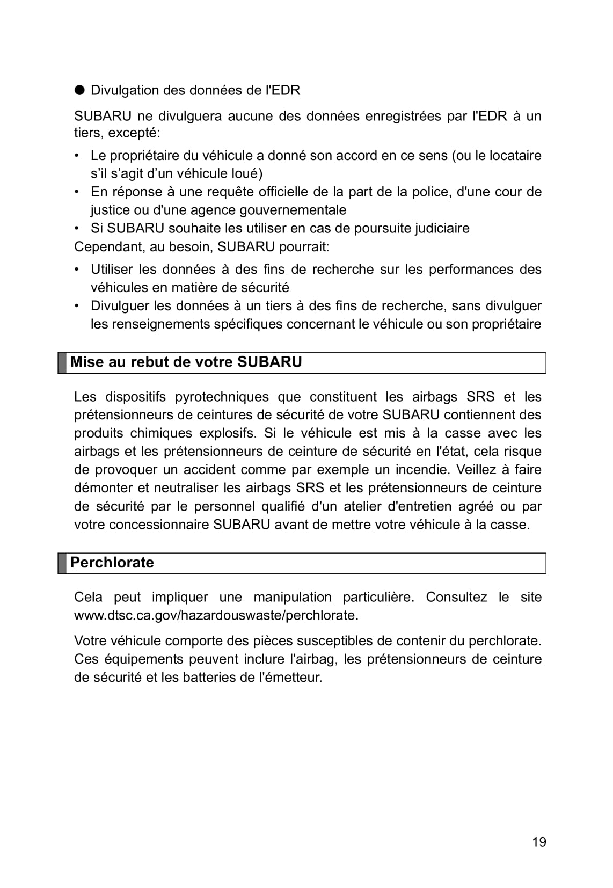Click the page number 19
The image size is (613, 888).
coord(539,842)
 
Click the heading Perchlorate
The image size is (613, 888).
coord(112,563)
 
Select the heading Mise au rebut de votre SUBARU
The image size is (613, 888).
coord(186,362)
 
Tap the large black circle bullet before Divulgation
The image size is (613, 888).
coord(79,90)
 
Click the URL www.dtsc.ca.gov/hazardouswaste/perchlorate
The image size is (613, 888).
coord(216,615)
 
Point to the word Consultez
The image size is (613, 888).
coord(456,597)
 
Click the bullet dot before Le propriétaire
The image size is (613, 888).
coord(78,156)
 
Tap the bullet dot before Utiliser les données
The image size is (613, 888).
coord(78,270)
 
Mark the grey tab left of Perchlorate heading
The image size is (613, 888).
coord(62,563)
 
